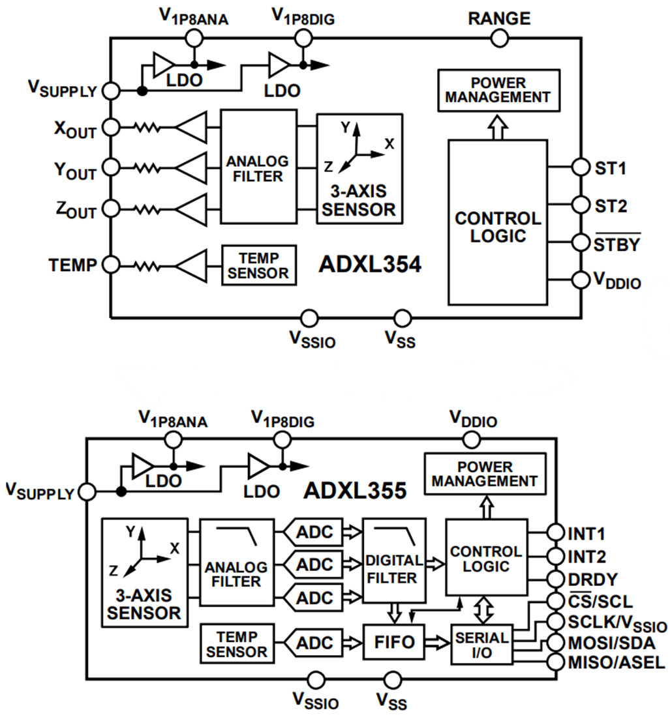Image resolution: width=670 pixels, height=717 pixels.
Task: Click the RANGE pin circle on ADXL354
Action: click(499, 38)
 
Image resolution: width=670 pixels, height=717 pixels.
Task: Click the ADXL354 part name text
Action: click(369, 265)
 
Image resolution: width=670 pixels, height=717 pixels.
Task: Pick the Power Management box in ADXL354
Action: click(499, 90)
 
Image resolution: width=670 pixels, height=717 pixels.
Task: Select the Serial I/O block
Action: click(481, 643)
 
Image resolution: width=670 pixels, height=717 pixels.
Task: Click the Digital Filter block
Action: click(394, 561)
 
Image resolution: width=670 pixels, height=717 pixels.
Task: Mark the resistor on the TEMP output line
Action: click(147, 265)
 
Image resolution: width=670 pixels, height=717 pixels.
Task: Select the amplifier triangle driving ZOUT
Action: click(191, 209)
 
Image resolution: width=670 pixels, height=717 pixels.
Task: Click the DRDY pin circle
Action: click(555, 579)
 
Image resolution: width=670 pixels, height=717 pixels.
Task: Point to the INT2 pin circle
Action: click(555, 556)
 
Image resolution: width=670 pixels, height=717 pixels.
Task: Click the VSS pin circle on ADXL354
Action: click(403, 317)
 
